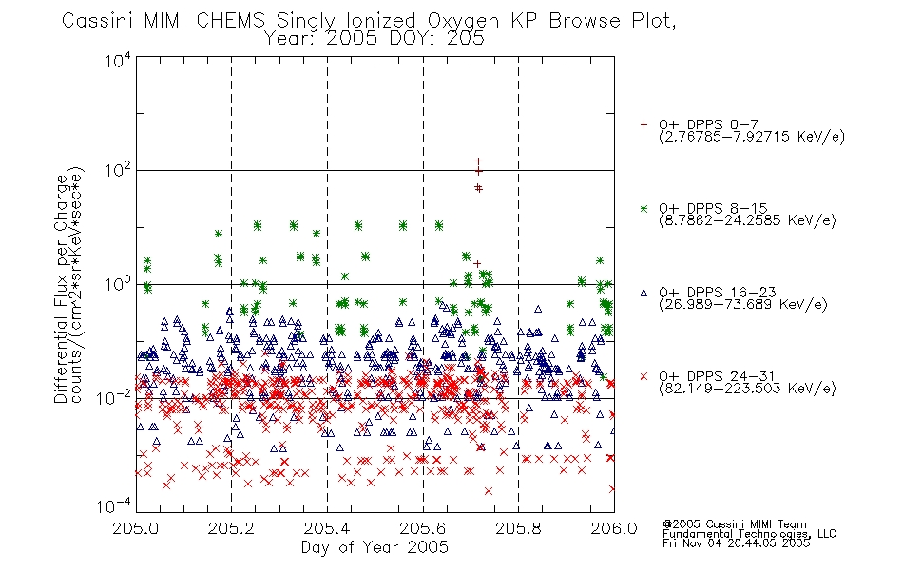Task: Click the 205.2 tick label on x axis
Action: tap(232, 528)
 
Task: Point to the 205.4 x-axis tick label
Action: tap(327, 528)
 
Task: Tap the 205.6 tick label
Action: tap(423, 528)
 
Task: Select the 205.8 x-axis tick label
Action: tap(518, 528)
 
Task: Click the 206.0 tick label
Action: tap(614, 528)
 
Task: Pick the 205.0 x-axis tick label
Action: tap(136, 528)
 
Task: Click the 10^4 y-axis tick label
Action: tap(118, 60)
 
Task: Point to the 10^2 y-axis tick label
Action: tap(118, 171)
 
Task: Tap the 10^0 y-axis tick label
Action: tap(118, 284)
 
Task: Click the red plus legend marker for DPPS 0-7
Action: tap(644, 124)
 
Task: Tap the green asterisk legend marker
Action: tap(644, 208)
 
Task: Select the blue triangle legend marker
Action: tap(644, 293)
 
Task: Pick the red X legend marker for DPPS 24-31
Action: tap(644, 376)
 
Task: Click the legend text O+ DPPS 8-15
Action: tap(714, 208)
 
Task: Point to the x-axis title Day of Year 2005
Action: tap(375, 547)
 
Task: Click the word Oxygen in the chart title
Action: tap(463, 21)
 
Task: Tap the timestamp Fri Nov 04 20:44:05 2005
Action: tap(736, 543)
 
